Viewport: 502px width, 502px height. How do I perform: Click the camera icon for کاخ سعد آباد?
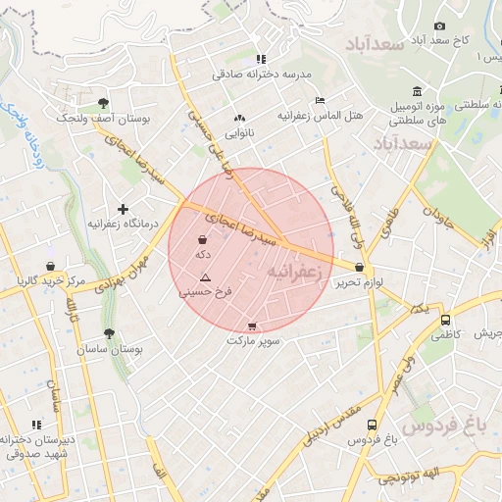(x=439, y=25)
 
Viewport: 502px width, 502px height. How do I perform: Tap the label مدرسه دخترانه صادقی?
(x=260, y=74)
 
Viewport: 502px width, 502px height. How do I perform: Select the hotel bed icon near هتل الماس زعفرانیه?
(x=320, y=100)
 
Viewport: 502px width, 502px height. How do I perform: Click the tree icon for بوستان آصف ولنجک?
(x=104, y=102)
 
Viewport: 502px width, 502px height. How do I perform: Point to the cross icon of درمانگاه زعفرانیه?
(x=123, y=209)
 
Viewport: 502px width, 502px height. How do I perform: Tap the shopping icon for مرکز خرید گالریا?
(x=50, y=266)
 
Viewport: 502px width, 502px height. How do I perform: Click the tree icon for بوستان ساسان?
(x=109, y=333)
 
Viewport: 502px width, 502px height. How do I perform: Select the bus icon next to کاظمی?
(x=446, y=320)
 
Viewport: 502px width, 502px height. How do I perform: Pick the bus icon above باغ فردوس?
(x=372, y=425)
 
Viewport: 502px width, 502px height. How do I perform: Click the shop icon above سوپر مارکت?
(x=253, y=326)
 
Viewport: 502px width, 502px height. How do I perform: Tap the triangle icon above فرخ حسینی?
(x=205, y=278)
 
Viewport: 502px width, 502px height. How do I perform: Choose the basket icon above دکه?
(x=203, y=239)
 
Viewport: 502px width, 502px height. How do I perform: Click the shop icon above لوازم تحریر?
(x=360, y=267)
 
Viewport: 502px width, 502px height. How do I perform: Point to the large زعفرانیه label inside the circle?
(x=295, y=270)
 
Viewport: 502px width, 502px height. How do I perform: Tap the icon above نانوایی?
(x=239, y=117)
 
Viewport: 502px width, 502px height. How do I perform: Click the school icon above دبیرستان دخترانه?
(x=37, y=425)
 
